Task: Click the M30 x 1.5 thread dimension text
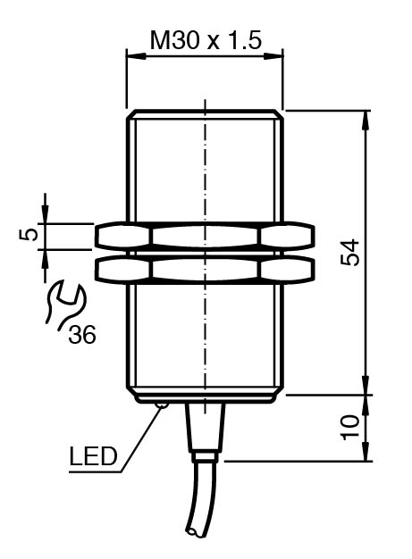[x=206, y=40]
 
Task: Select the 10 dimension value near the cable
[x=350, y=427]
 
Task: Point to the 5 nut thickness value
[x=29, y=235]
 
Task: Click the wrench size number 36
[x=82, y=335]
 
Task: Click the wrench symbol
[x=64, y=304]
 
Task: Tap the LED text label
[x=93, y=456]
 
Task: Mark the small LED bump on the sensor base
[x=161, y=405]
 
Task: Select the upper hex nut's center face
[x=206, y=236]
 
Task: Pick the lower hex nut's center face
[x=206, y=269]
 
